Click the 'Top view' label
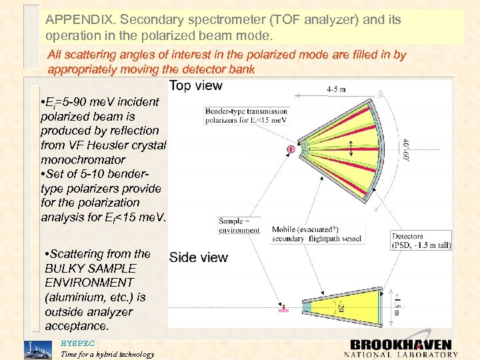click(x=195, y=85)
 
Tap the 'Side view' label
click(x=198, y=258)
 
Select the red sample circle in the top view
click(x=291, y=149)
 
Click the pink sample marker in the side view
click(x=283, y=309)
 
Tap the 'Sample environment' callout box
click(x=239, y=225)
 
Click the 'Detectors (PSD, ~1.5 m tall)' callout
click(x=421, y=240)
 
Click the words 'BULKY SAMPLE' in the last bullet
click(x=90, y=268)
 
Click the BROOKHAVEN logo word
click(x=401, y=345)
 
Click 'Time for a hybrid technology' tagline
click(x=107, y=354)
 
